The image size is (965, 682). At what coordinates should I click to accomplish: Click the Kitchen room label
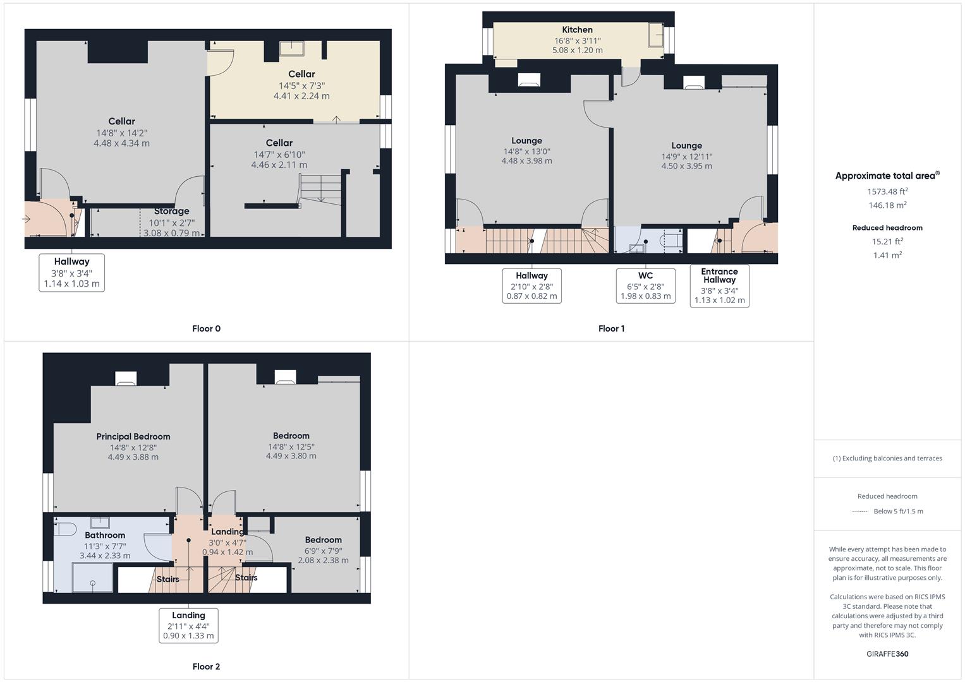tap(577, 30)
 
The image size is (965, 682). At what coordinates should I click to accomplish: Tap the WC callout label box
tap(645, 285)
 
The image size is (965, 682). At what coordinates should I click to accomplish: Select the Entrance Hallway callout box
tap(719, 286)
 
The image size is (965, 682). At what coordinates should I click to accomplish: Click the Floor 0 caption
tap(206, 328)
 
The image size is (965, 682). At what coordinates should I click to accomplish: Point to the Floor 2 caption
tap(206, 666)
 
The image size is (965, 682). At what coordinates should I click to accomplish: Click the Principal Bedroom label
tap(133, 436)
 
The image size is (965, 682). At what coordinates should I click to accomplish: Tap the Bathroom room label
tap(105, 535)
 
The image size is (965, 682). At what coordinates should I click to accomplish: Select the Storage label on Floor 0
tap(171, 212)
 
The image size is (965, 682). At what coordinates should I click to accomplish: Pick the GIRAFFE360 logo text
tap(887, 654)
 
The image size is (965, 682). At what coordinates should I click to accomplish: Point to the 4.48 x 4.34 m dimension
tap(121, 143)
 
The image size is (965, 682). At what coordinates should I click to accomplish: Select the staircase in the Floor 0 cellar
tap(320, 188)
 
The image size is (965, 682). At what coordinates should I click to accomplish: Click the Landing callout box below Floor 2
tap(188, 625)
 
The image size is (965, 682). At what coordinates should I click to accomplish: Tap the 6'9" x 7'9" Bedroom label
tap(323, 550)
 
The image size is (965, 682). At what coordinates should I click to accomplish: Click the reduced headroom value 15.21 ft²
tap(887, 241)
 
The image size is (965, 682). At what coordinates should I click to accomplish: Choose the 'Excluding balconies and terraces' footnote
tap(887, 458)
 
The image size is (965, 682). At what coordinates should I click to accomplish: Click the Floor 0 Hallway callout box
tap(71, 272)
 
